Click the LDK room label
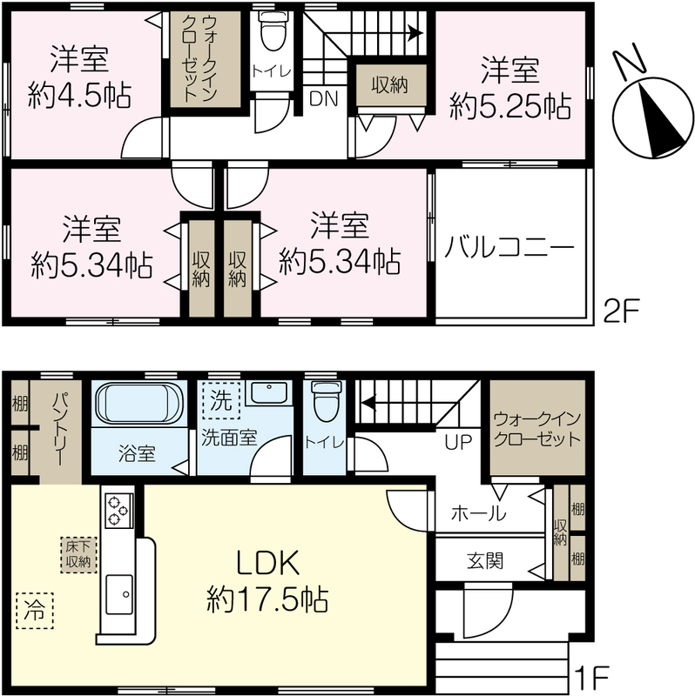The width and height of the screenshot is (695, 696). (267, 564)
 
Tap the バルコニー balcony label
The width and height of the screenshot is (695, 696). (509, 247)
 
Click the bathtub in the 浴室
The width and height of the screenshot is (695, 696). (139, 403)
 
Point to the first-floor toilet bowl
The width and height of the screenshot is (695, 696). (325, 401)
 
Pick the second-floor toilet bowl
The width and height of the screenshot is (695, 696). (273, 30)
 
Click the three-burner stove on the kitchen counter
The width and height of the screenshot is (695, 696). (118, 511)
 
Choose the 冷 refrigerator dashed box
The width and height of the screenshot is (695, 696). (35, 611)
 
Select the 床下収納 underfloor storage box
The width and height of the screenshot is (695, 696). (78, 555)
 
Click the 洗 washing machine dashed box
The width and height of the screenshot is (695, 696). (221, 400)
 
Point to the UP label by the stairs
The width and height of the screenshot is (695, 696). (458, 442)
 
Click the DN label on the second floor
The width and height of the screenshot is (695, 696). (323, 98)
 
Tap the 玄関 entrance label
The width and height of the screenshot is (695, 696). (485, 561)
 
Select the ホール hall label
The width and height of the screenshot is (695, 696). (478, 513)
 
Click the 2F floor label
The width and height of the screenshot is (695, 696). (621, 311)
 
